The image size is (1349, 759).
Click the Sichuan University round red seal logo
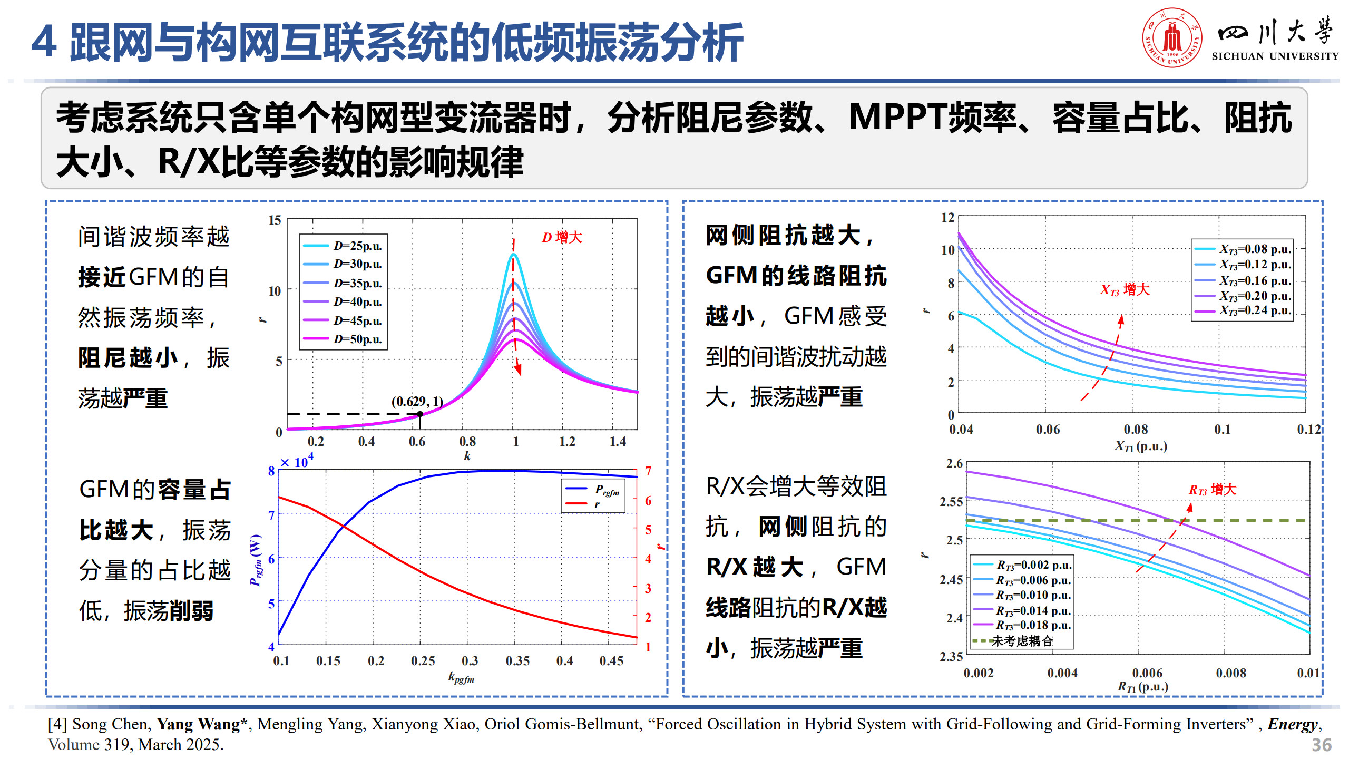pyautogui.click(x=1172, y=37)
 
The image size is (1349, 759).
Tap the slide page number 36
pyautogui.click(x=1321, y=745)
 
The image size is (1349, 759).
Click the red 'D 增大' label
pyautogui.click(x=562, y=237)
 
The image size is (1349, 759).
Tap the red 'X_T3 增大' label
pyautogui.click(x=1125, y=289)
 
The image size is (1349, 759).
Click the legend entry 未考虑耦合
pyautogui.click(x=1022, y=641)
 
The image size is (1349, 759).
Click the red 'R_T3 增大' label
pyautogui.click(x=1212, y=490)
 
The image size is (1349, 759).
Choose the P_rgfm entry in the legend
pyautogui.click(x=607, y=490)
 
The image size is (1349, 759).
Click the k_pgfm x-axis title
pyautogui.click(x=461, y=678)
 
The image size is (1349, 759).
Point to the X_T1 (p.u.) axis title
pyautogui.click(x=1140, y=447)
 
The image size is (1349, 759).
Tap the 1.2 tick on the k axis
pyautogui.click(x=567, y=441)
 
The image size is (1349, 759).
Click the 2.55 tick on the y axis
pyautogui.click(x=951, y=502)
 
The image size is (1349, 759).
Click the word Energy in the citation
pyautogui.click(x=1293, y=724)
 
